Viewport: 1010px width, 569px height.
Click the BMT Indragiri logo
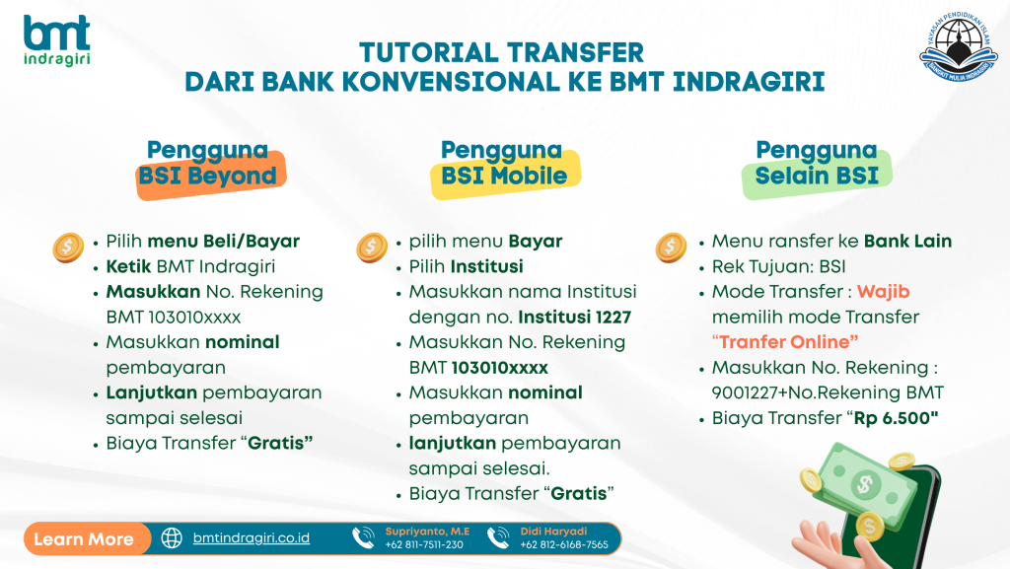[x=56, y=39]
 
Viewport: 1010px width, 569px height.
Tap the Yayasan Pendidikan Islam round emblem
[x=959, y=47]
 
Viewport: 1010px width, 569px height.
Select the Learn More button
[x=85, y=538]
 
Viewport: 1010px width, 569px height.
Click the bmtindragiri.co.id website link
[x=252, y=538]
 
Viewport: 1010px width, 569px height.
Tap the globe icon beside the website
[x=172, y=538]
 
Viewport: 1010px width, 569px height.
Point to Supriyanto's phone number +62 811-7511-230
[x=424, y=544]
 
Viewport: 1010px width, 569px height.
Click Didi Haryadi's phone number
[x=564, y=544]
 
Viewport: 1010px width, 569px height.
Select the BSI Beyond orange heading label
[x=208, y=176]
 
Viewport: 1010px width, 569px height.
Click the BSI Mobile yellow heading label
[x=504, y=176]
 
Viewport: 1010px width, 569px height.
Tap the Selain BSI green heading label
[x=817, y=176]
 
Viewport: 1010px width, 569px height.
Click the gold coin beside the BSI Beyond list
[x=68, y=248]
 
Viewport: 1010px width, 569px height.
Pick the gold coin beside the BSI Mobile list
[x=372, y=248]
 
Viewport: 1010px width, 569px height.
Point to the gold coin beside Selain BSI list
[x=671, y=248]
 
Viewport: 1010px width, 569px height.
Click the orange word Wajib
[x=883, y=292]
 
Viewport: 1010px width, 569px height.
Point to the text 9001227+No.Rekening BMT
[x=828, y=392]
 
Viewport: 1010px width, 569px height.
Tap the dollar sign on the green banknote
[x=865, y=484]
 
